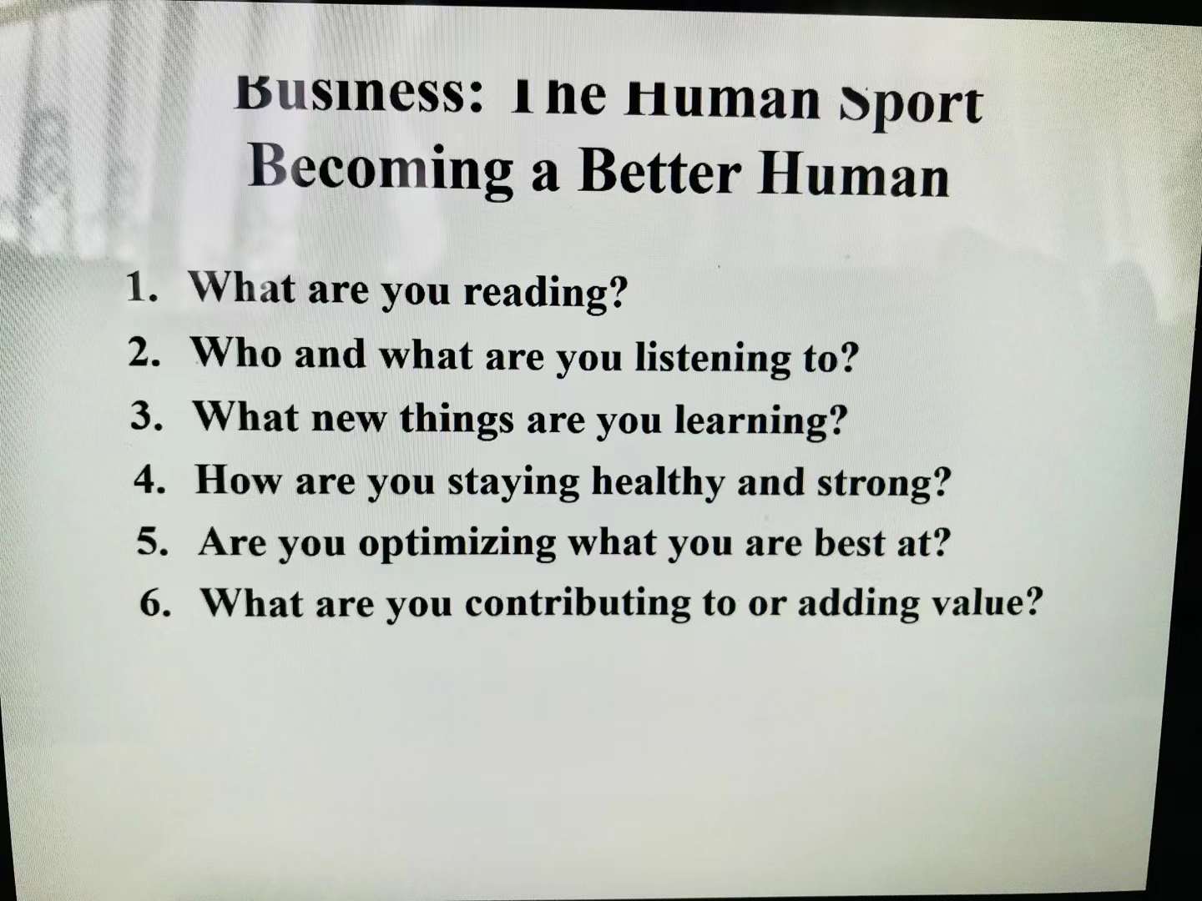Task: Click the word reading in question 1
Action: [x=546, y=292]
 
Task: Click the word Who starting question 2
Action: [x=235, y=352]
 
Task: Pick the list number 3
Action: [x=147, y=415]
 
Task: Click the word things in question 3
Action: [x=457, y=420]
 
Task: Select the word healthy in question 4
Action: [x=657, y=482]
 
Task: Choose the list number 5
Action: [x=152, y=541]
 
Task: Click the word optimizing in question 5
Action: [x=457, y=545]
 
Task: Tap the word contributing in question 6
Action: [x=578, y=605]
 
